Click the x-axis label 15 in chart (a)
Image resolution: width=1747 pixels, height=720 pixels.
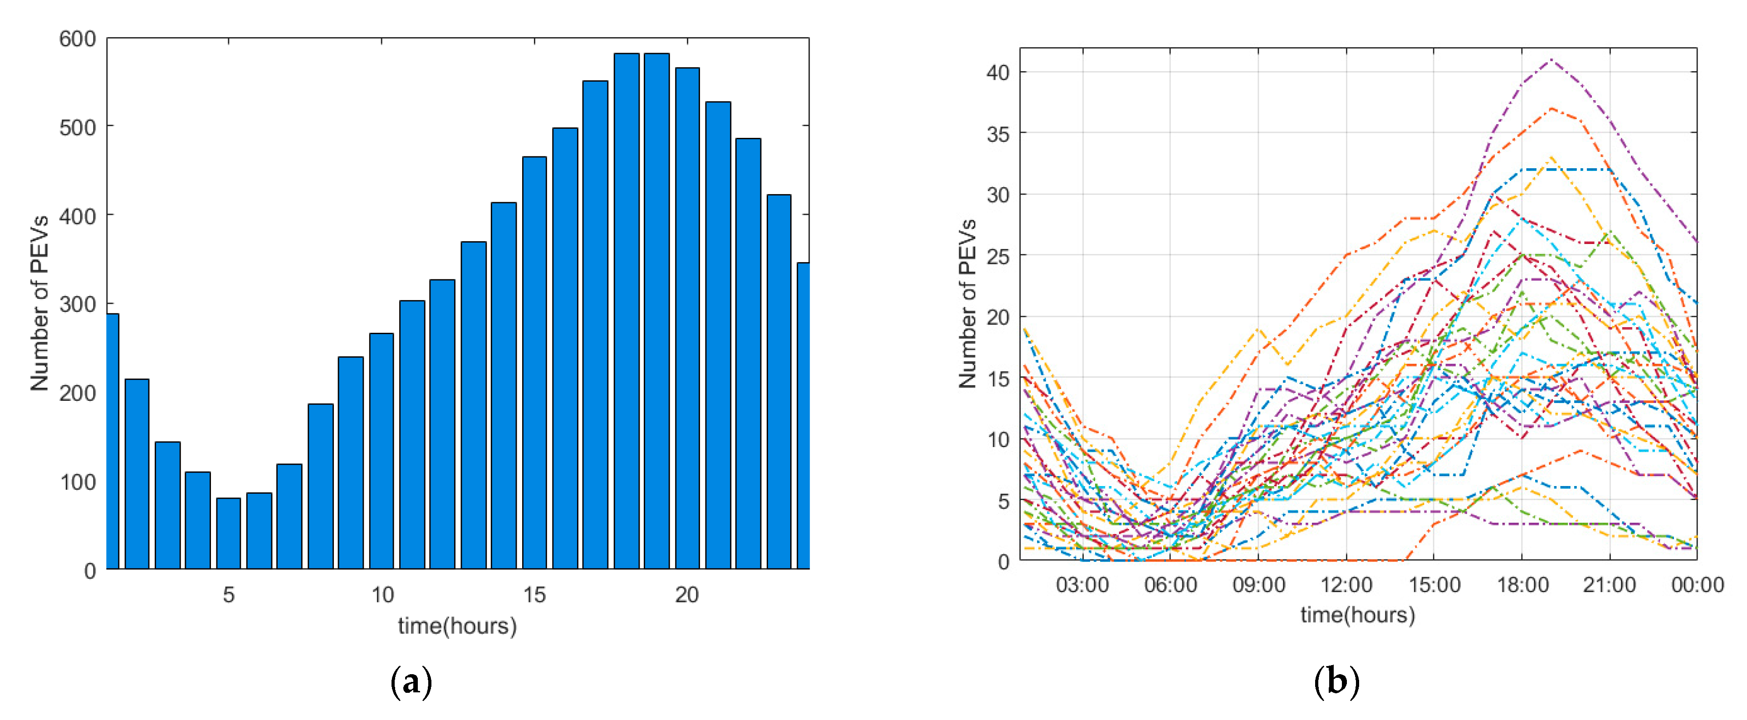tap(534, 595)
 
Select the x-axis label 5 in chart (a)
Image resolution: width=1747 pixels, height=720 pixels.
tap(229, 595)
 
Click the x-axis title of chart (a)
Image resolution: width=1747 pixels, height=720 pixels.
tap(457, 626)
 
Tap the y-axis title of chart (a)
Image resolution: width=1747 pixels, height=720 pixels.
tap(39, 303)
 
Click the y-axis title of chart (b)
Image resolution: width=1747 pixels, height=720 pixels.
tap(967, 303)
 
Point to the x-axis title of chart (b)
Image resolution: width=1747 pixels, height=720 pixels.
tap(1358, 615)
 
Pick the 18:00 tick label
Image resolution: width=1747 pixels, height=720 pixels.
tap(1522, 584)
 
